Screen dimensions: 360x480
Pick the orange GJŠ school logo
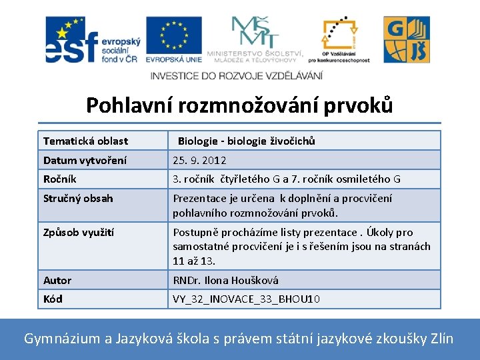(x=406, y=40)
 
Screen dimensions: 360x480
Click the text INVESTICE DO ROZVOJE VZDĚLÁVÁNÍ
(x=237, y=75)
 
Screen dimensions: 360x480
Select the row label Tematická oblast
(x=85, y=141)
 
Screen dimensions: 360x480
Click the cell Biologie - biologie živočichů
(x=246, y=141)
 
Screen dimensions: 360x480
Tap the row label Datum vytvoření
(x=85, y=160)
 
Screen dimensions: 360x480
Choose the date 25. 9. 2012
(x=199, y=160)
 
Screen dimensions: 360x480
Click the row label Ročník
(x=60, y=179)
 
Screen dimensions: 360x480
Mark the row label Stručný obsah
(x=78, y=198)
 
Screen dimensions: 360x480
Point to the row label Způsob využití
(x=79, y=232)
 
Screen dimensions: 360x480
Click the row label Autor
(x=57, y=280)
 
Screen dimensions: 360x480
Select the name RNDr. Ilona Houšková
(x=225, y=280)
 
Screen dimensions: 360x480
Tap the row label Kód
(x=53, y=299)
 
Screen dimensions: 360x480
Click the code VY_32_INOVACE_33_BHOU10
(x=246, y=299)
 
